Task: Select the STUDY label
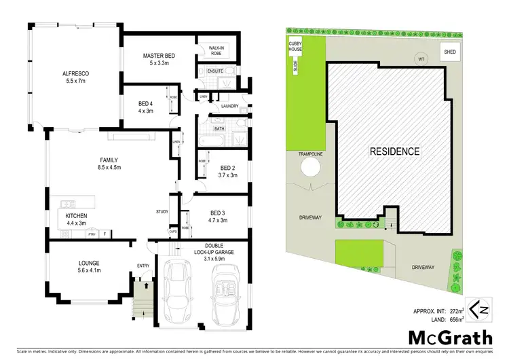click(x=162, y=213)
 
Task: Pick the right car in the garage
click(x=225, y=293)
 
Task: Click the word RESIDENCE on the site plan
click(x=395, y=151)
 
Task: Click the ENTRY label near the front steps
click(x=143, y=266)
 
